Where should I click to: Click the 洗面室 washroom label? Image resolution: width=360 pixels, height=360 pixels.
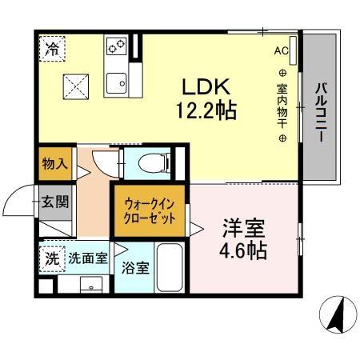tap(86, 258)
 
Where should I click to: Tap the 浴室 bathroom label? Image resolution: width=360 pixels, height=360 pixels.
tap(134, 267)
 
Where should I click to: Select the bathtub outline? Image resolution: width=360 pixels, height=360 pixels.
tap(170, 268)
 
